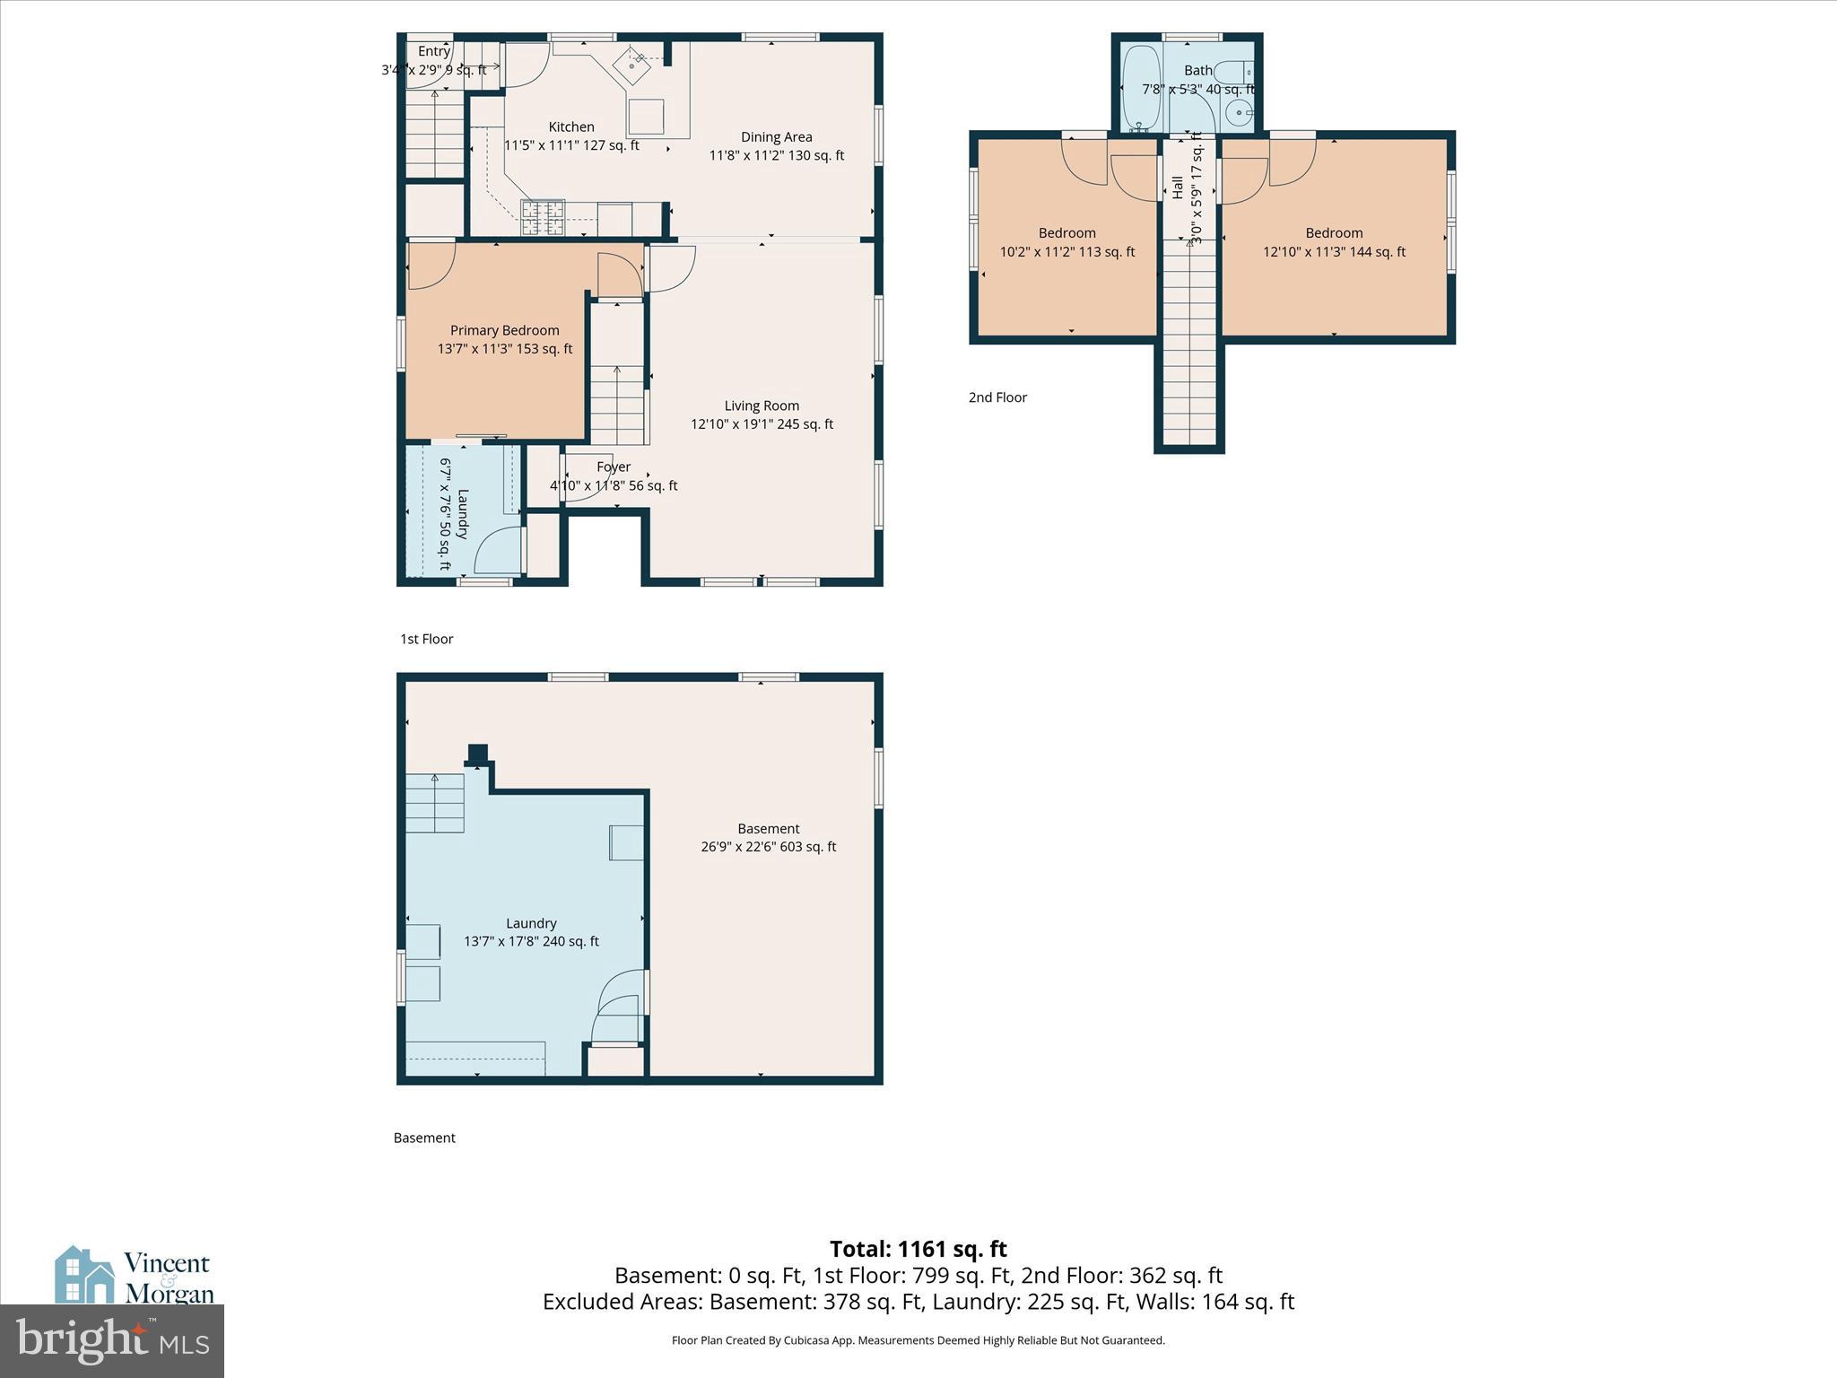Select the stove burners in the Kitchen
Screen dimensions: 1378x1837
tap(543, 217)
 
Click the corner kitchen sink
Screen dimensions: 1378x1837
tap(637, 64)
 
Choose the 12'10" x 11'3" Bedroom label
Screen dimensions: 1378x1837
tap(1334, 242)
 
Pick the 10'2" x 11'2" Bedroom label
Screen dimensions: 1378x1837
tap(1067, 242)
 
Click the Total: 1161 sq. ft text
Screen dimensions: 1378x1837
tap(918, 1249)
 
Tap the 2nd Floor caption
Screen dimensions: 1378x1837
tap(997, 397)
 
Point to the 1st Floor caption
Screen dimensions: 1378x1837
tap(427, 639)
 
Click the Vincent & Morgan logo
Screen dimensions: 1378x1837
tap(135, 1276)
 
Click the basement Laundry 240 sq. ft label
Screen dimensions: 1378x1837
tap(531, 932)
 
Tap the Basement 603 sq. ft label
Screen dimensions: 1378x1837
tap(769, 838)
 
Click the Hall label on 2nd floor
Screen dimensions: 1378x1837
tap(1177, 187)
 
